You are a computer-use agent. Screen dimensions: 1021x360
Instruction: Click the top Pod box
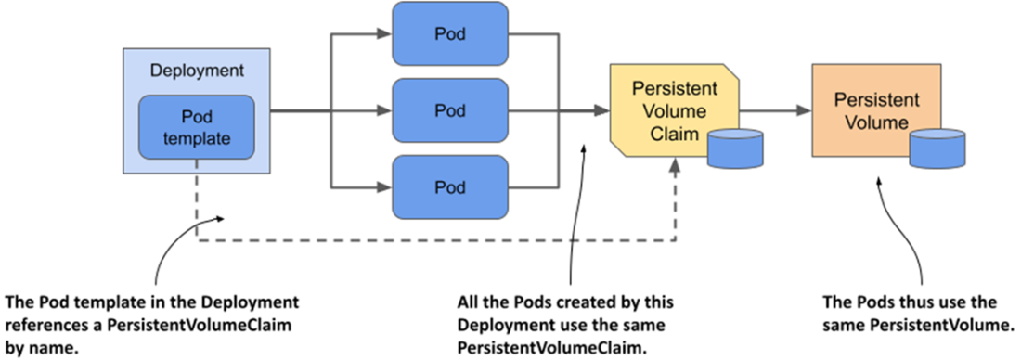450,33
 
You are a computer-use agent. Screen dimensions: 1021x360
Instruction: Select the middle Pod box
450,110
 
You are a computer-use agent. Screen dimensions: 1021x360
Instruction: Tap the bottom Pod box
450,186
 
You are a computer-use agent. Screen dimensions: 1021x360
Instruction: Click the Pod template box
196,128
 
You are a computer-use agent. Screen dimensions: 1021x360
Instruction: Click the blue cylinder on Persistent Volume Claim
734,148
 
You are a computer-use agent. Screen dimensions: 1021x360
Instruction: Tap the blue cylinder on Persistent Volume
937,148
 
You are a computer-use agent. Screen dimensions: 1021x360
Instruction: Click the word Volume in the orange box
875,122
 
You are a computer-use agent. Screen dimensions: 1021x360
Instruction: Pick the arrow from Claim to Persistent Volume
775,111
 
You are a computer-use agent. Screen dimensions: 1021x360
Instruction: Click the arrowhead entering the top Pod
385,33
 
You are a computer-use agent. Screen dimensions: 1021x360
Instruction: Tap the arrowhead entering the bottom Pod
385,187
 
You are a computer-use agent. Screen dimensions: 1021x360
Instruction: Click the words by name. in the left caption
42,347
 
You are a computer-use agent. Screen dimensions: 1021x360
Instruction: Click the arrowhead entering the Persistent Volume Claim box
601,111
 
